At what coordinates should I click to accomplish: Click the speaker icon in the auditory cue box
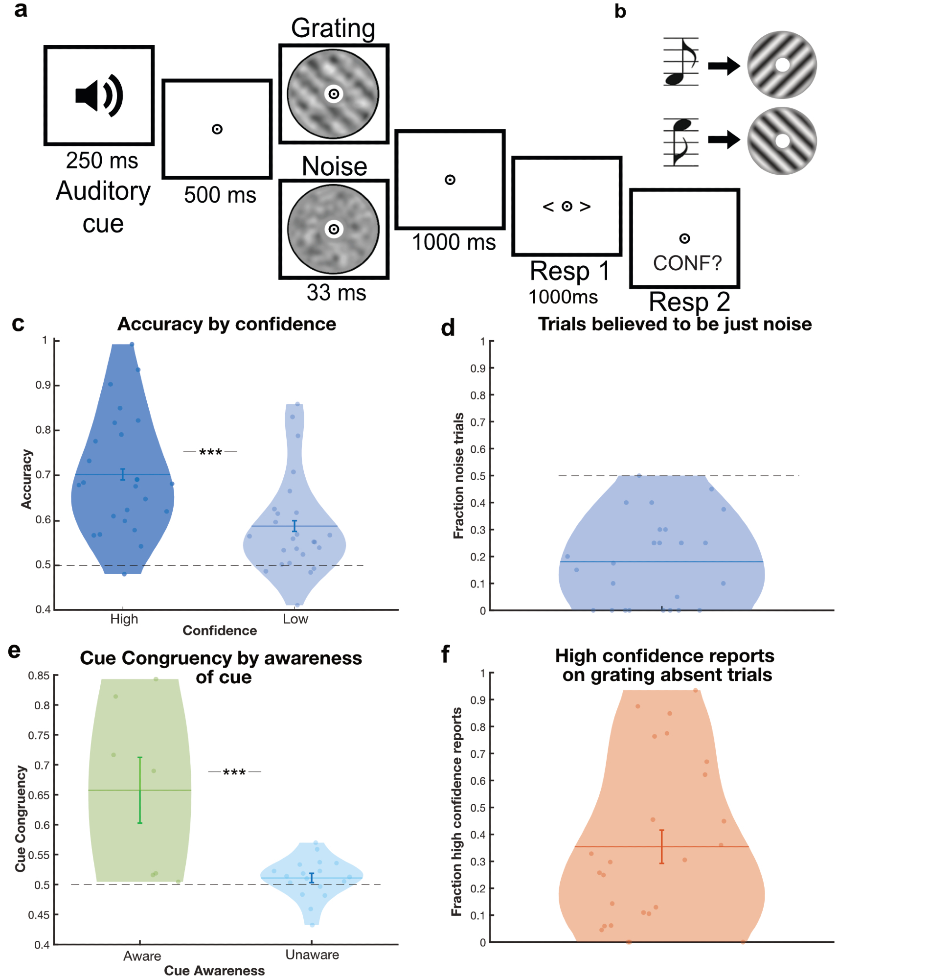tap(98, 95)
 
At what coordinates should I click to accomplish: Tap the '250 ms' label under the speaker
tap(102, 161)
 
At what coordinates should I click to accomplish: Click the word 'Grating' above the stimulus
tap(333, 28)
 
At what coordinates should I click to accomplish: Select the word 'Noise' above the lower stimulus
tap(334, 166)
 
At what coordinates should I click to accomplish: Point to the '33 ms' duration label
tap(336, 292)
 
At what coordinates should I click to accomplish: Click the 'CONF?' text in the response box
tap(687, 263)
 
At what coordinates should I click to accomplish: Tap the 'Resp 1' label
tap(569, 271)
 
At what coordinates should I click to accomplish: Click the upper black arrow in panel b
tap(724, 66)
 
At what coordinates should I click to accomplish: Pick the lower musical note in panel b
tap(681, 141)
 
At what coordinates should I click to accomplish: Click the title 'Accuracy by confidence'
tap(227, 324)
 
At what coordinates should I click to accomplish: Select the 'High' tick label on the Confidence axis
tap(124, 619)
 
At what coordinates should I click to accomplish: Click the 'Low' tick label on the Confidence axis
tap(295, 619)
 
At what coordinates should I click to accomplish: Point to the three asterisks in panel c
tap(210, 452)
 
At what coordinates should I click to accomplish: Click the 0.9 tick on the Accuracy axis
tap(44, 385)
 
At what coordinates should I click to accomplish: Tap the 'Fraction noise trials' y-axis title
tap(458, 476)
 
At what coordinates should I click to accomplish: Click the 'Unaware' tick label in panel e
tap(312, 955)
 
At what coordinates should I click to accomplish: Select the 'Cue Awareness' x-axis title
tap(214, 971)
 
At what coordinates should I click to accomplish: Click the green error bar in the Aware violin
tap(140, 790)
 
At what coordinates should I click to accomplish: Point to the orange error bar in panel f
tap(661, 847)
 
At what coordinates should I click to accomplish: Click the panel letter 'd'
tap(448, 328)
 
